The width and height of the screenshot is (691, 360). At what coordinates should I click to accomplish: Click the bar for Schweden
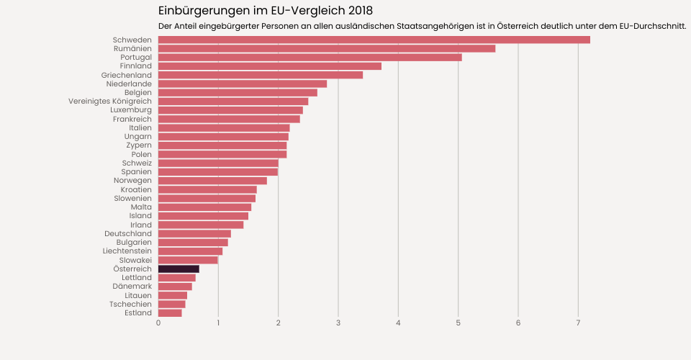coord(374,40)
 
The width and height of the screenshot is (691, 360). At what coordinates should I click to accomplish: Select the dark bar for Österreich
coord(179,269)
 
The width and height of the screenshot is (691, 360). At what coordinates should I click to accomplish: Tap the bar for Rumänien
coord(326,48)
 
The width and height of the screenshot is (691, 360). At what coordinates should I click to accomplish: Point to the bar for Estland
coord(170,312)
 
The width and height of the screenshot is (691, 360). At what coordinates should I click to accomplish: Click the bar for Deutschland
coord(194,233)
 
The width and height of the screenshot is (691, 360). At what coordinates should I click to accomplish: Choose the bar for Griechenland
coord(260,75)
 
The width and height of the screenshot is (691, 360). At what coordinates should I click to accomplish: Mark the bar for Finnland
coord(269,66)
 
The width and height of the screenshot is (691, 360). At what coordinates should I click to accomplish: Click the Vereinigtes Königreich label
coord(110,102)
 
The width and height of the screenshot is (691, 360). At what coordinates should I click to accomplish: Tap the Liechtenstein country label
coord(127,251)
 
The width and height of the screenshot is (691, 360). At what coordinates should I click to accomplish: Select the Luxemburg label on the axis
coord(131,110)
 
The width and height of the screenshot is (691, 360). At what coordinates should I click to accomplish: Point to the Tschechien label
coord(130,304)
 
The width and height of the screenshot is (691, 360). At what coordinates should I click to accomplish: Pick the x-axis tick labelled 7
coord(578,323)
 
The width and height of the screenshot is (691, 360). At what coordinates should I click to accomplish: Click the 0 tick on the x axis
coord(158,323)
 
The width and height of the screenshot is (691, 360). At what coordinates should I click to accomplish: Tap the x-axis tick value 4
coord(398,323)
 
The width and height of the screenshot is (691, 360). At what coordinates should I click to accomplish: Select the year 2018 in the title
coord(358,11)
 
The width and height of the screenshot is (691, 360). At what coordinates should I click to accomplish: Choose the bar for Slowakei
coord(188,260)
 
